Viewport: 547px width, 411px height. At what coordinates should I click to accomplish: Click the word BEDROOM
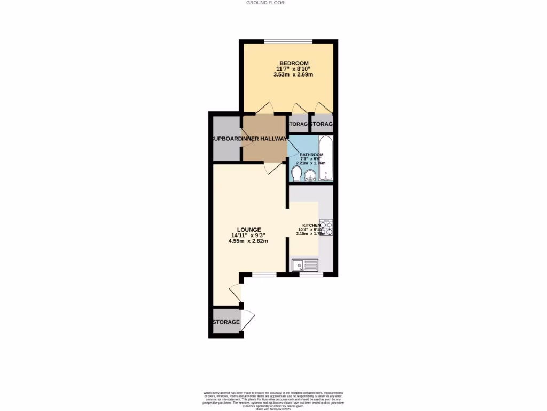(x=292, y=63)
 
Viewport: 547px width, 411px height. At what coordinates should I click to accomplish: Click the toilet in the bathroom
(x=296, y=174)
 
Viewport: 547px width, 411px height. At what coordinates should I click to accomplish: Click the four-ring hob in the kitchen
(x=326, y=228)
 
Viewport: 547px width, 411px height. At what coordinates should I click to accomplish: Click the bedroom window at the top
(x=288, y=42)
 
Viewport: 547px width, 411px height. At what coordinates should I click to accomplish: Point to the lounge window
(x=264, y=275)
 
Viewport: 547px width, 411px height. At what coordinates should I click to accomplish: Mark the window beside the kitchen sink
(x=311, y=275)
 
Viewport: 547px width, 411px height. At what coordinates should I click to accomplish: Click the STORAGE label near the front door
(x=226, y=322)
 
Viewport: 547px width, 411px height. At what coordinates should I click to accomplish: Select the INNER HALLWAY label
(x=264, y=139)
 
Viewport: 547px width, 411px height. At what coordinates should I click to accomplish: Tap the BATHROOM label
(x=311, y=155)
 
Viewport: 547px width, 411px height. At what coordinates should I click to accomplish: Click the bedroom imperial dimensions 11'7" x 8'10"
(x=292, y=69)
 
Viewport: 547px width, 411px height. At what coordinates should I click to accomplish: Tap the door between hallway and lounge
(x=274, y=168)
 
